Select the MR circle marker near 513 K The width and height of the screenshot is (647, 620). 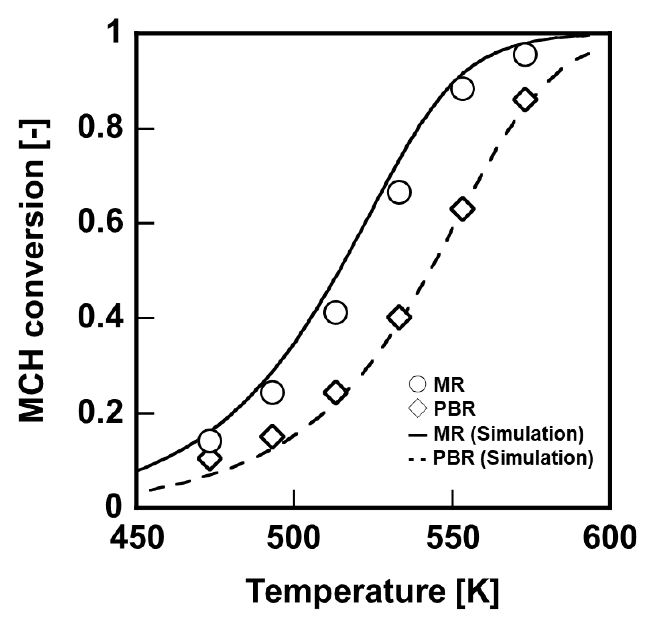pyautogui.click(x=335, y=312)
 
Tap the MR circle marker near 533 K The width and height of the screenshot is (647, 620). pyautogui.click(x=399, y=192)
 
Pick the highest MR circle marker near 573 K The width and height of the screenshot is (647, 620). pyautogui.click(x=525, y=55)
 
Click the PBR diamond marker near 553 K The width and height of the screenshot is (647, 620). pyautogui.click(x=462, y=209)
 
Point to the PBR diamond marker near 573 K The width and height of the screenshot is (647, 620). pyautogui.click(x=525, y=99)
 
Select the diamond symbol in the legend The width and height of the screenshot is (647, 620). pyautogui.click(x=418, y=409)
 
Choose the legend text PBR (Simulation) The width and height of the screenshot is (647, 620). pyautogui.click(x=513, y=459)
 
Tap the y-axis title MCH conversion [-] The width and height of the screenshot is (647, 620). pyautogui.click(x=32, y=271)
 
